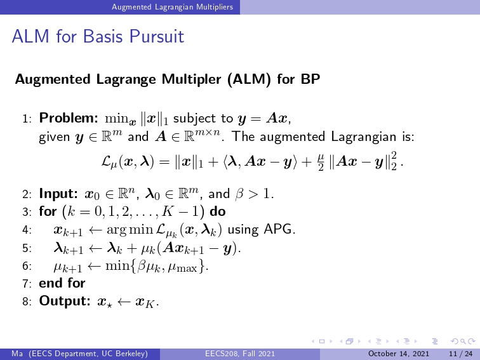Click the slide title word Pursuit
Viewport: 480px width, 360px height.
point(156,36)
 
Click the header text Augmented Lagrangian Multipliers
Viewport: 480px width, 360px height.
point(172,7)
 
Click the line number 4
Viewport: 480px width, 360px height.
point(27,230)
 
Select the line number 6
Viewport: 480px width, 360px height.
point(27,265)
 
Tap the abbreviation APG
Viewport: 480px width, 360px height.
point(279,229)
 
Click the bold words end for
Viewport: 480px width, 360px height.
point(62,283)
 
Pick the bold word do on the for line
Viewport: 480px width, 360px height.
point(218,211)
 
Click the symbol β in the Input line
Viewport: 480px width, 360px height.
point(239,194)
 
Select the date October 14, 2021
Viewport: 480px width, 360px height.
point(399,354)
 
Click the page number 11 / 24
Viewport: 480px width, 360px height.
point(461,354)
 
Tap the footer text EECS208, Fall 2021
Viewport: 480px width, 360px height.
point(240,354)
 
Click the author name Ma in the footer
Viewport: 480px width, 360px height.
point(17,354)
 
